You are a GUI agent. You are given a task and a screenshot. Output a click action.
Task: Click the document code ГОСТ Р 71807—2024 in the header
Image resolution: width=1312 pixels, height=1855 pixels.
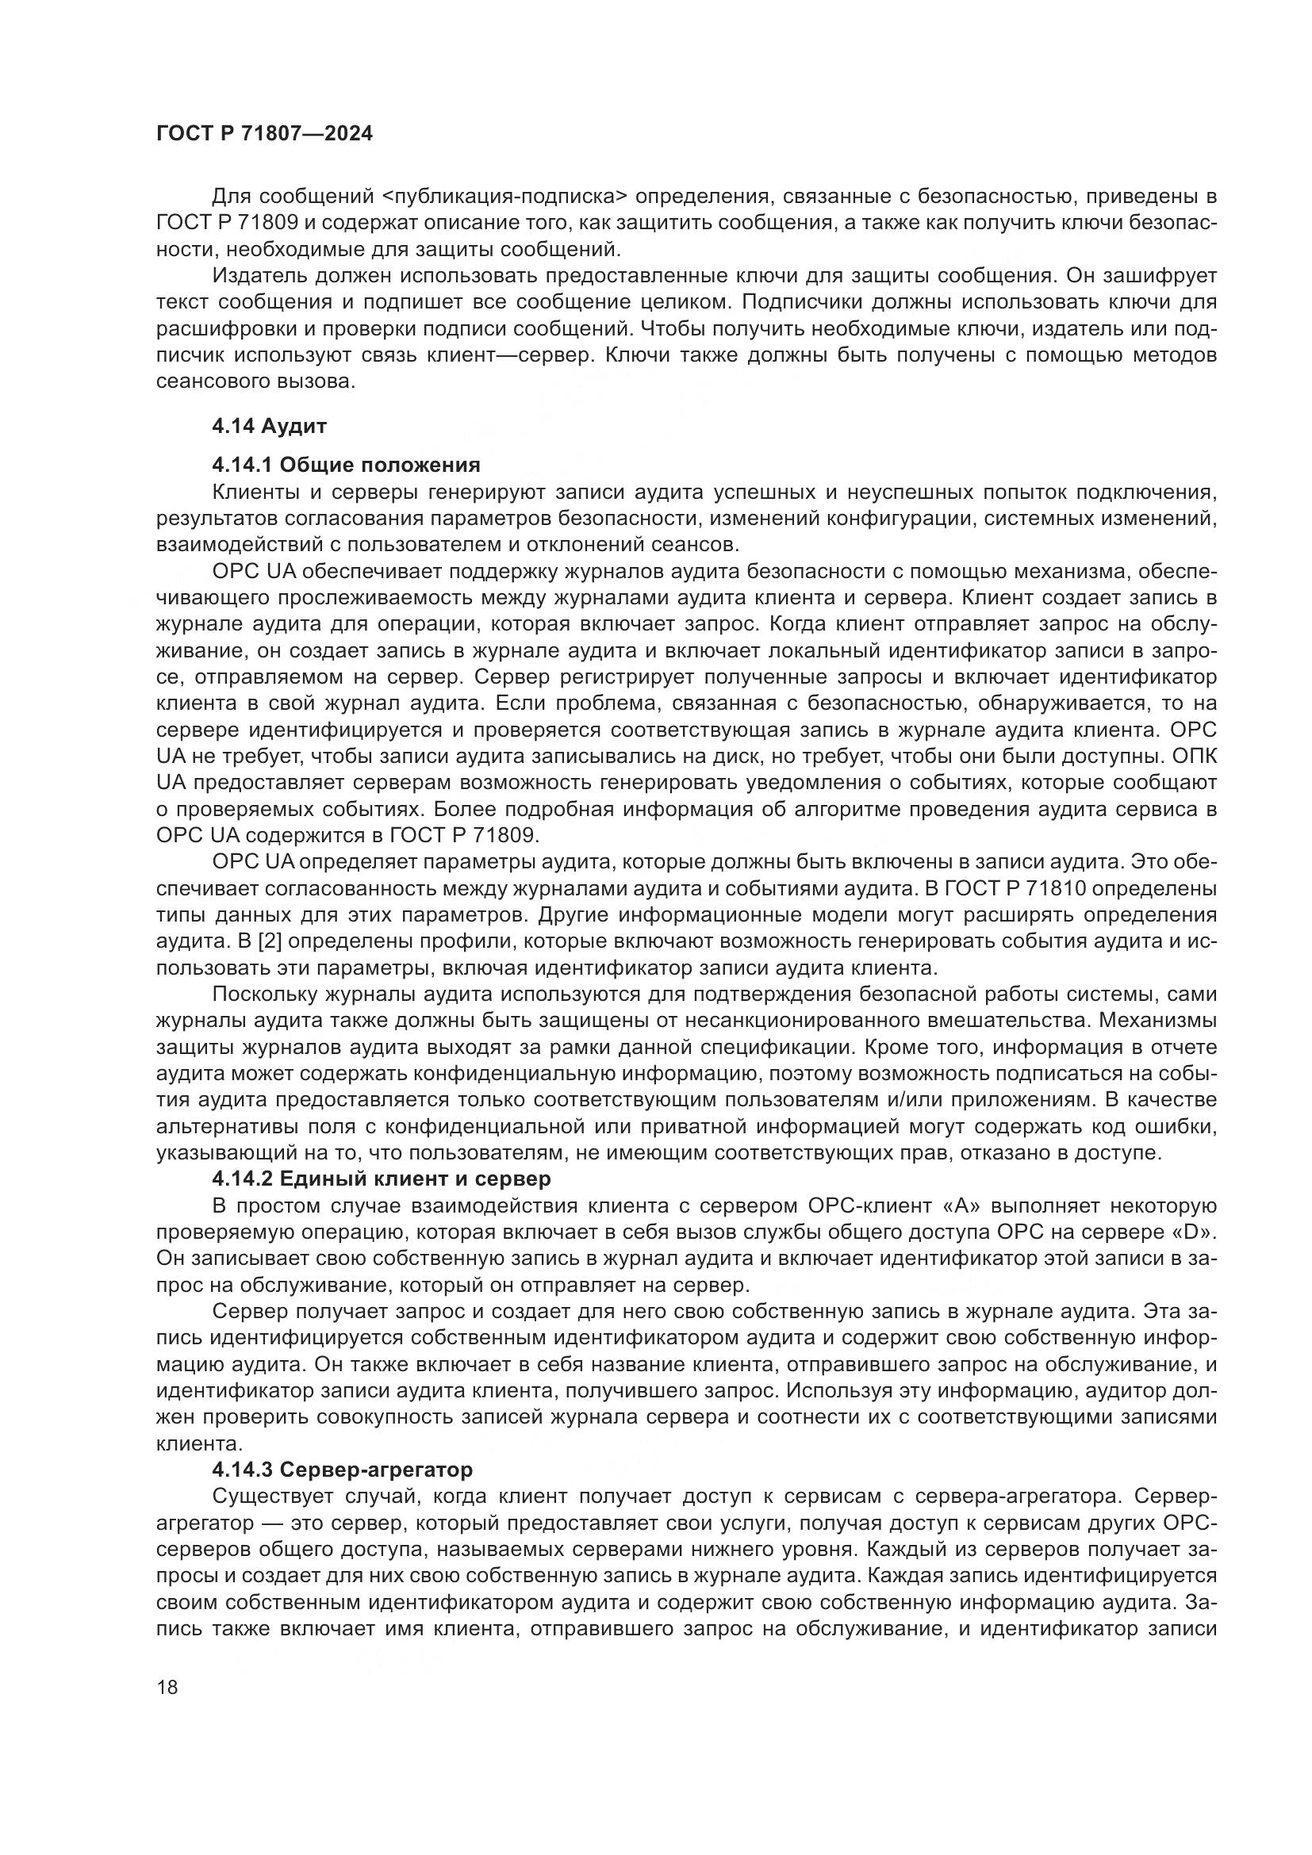(264, 134)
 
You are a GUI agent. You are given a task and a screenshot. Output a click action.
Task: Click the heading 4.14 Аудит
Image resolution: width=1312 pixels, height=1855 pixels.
(269, 426)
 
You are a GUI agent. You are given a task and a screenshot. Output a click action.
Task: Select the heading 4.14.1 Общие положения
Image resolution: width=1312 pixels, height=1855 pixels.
(346, 465)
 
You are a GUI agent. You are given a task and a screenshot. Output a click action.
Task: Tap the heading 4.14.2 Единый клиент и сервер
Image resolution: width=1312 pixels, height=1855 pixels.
(382, 1179)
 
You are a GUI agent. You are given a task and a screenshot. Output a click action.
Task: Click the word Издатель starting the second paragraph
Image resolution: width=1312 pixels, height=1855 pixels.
(258, 275)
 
